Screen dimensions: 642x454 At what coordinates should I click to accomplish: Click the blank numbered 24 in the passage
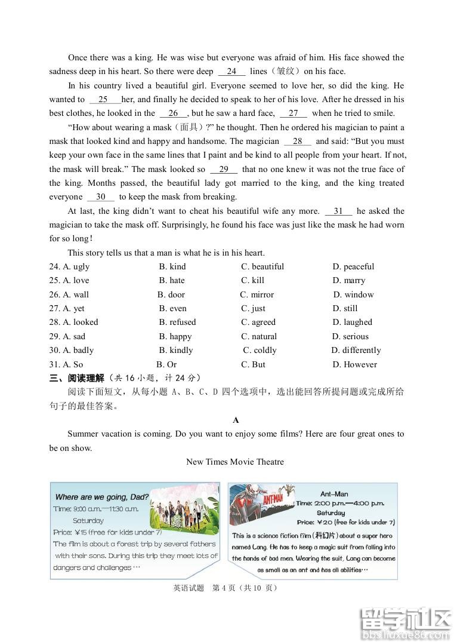coord(231,72)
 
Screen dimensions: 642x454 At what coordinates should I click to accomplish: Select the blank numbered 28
coord(297,142)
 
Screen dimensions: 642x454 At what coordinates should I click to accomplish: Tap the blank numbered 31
coord(338,211)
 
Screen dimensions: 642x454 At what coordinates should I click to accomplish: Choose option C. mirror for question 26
coord(257,294)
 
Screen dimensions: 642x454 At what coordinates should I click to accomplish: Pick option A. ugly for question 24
coord(69,266)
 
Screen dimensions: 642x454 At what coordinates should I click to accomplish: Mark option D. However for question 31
coord(355,364)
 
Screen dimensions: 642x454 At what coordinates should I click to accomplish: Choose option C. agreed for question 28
coord(258,322)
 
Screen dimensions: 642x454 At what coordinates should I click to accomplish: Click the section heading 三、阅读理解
coord(76,378)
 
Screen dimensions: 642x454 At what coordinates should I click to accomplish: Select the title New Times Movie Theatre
coord(235,462)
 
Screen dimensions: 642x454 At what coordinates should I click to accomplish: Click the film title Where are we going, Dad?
coord(101,497)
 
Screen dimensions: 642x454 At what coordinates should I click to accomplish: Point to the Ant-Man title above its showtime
coord(333,494)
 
